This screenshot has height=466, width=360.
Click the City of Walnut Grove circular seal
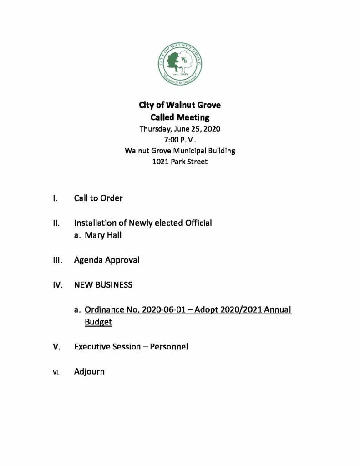coord(179,66)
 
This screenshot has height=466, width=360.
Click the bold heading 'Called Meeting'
coord(179,117)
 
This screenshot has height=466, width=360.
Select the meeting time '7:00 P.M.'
coord(179,140)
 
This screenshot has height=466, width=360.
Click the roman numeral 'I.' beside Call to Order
coord(55,198)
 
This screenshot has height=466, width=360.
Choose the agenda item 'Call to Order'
coord(98,198)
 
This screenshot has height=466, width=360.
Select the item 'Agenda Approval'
coord(106,260)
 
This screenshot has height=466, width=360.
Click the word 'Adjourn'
coord(89,372)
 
